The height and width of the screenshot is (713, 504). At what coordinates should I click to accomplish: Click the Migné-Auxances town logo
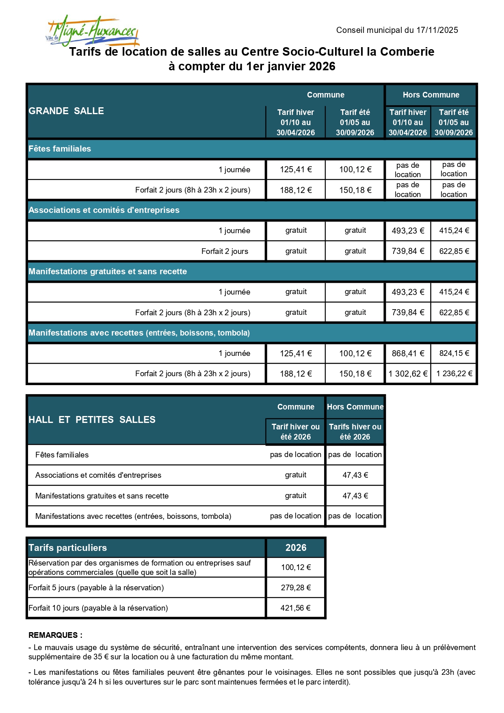click(93, 31)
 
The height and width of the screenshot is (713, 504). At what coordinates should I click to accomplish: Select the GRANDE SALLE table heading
click(66, 111)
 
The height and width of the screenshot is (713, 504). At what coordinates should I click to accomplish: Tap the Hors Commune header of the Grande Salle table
click(431, 95)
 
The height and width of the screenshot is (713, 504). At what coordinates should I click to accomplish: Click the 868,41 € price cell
click(408, 353)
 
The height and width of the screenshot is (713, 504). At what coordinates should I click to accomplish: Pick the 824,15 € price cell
click(454, 353)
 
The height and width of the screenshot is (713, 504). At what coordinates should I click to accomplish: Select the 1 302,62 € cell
click(408, 374)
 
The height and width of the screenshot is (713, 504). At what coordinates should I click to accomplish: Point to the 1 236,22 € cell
click(454, 374)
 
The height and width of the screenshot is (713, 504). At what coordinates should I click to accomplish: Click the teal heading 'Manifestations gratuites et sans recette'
click(108, 271)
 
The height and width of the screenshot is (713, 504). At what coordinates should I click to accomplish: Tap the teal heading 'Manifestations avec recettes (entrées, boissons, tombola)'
click(139, 333)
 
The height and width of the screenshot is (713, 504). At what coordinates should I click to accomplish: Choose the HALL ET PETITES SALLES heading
click(92, 420)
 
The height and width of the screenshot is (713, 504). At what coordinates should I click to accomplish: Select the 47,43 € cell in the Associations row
click(355, 475)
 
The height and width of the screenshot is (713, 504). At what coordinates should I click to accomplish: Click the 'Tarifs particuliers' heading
click(67, 548)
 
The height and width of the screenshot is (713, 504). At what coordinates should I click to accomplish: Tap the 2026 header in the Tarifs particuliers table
click(296, 548)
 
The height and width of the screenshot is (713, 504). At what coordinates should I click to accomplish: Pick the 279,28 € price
click(296, 587)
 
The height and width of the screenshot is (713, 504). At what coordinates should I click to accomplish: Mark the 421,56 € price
click(296, 608)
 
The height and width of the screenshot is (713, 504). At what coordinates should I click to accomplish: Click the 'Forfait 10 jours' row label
click(98, 608)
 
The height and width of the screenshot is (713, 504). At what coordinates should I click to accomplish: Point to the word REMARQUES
click(53, 635)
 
